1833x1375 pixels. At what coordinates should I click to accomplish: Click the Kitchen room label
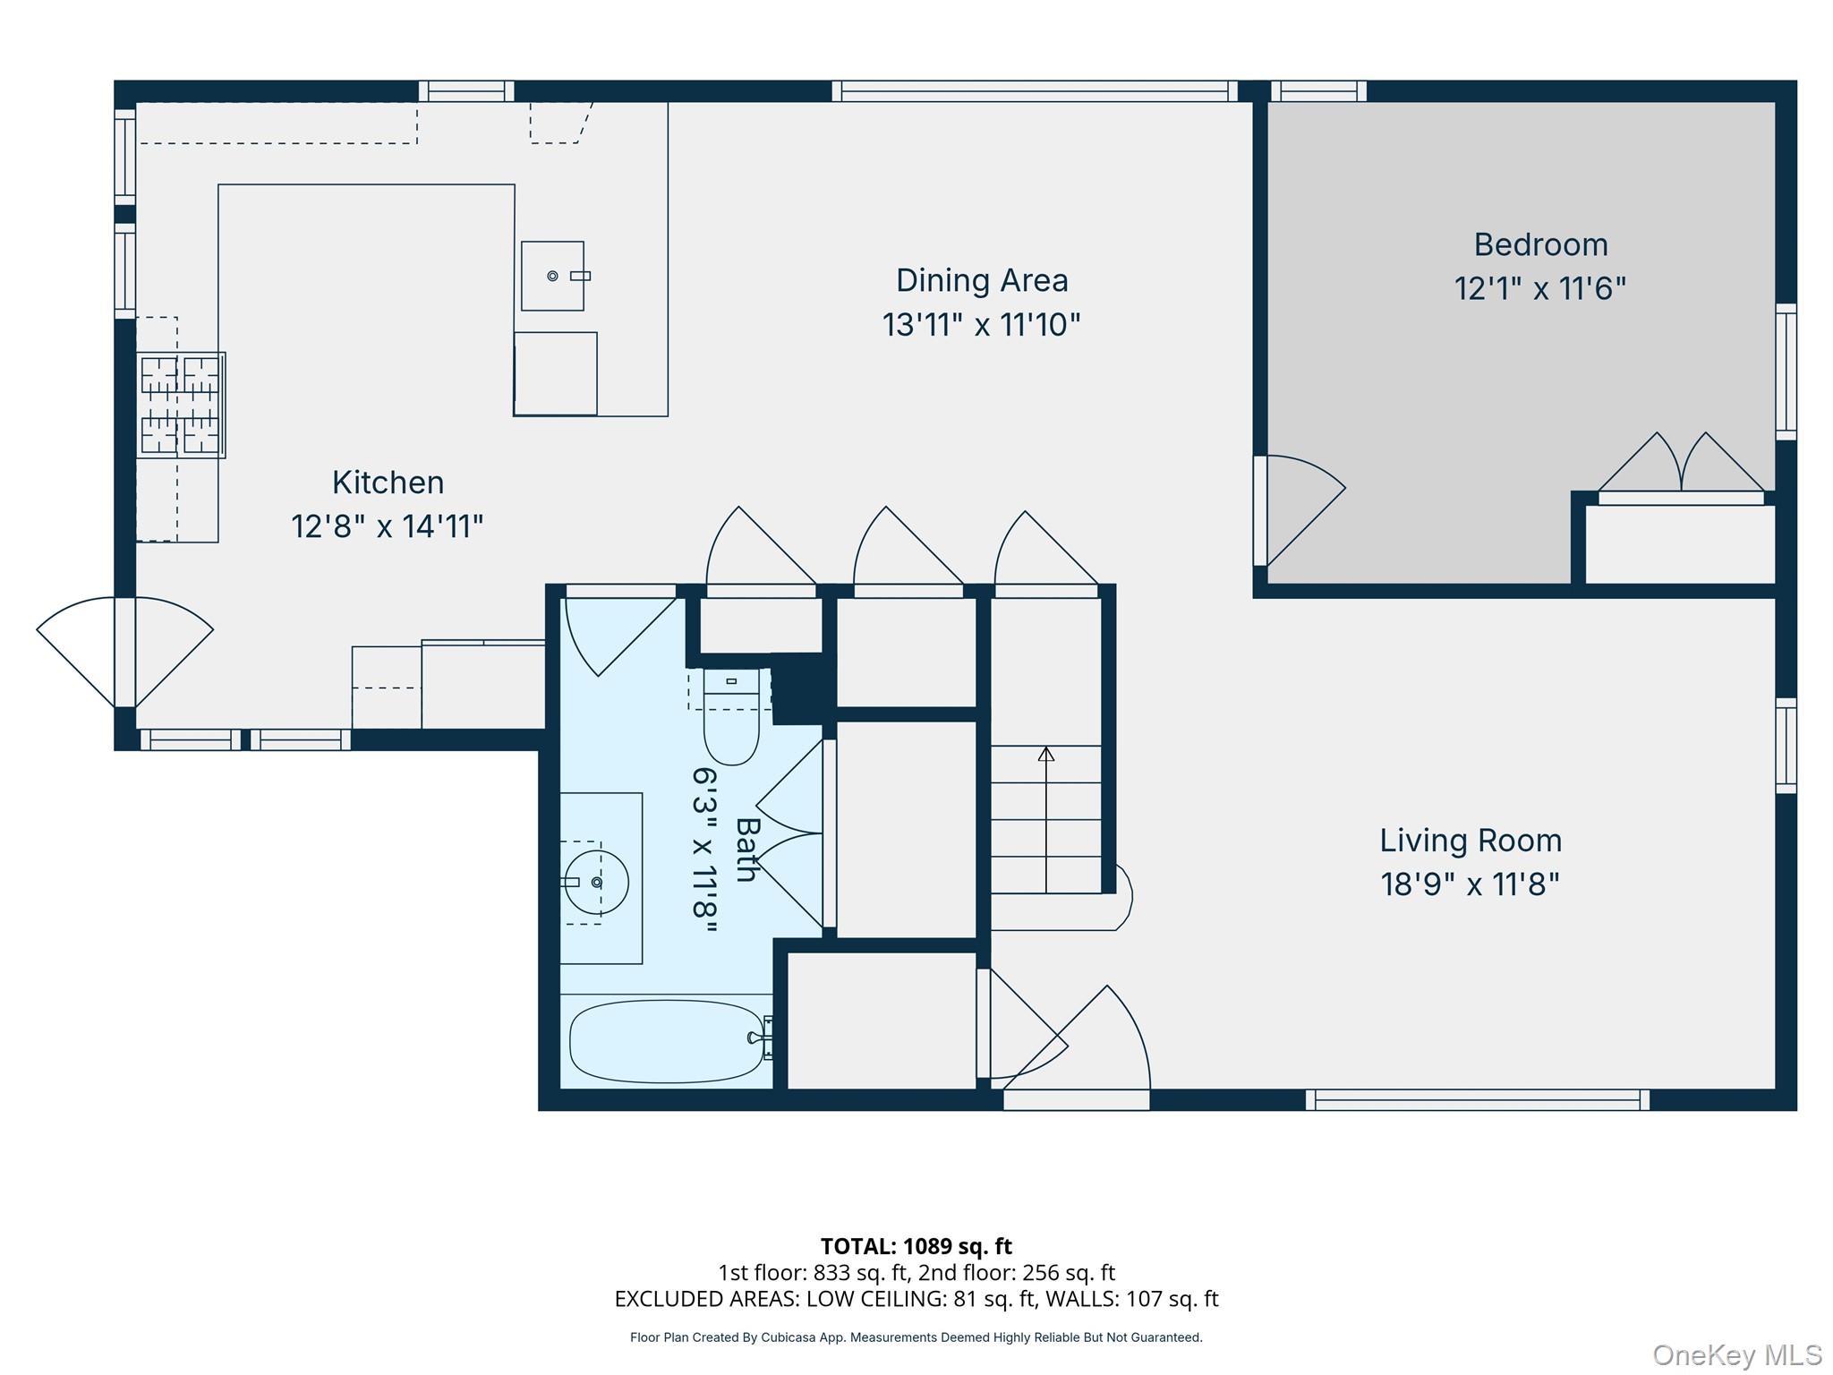(388, 483)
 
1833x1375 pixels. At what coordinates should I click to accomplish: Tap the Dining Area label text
(982, 280)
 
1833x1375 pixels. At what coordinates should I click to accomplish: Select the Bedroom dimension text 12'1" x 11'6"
(1539, 288)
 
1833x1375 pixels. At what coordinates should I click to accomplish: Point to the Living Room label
(1471, 841)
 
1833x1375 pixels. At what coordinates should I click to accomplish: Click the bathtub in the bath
(668, 1041)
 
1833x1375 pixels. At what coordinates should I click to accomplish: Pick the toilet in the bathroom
(731, 716)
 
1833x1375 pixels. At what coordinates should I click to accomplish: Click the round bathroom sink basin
(595, 883)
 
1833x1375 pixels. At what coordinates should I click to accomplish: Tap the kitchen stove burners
(180, 405)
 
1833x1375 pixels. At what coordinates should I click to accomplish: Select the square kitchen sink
(552, 276)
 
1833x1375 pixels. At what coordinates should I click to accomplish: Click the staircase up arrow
(1046, 819)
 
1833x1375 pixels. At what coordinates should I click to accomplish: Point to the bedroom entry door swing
(1299, 510)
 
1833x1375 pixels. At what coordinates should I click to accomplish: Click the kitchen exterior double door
(125, 652)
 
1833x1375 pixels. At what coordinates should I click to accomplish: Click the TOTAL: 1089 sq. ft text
(916, 1246)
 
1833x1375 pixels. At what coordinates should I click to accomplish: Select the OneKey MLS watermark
(1737, 1354)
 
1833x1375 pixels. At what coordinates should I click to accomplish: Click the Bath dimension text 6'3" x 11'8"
(705, 850)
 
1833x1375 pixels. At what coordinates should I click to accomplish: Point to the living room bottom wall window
(1478, 1100)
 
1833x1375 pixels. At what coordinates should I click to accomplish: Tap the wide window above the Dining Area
(1035, 90)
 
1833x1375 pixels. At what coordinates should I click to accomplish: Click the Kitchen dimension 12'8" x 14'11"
(388, 526)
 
